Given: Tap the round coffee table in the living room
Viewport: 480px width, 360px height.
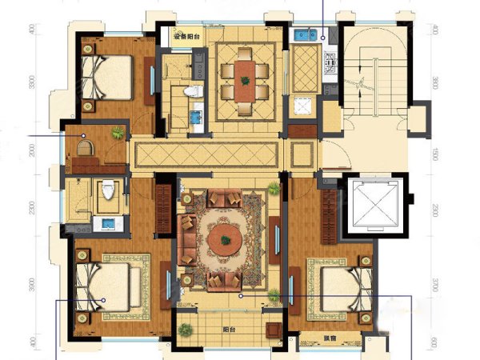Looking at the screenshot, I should click(226, 236).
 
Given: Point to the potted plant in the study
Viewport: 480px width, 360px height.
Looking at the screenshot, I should click(118, 133).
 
